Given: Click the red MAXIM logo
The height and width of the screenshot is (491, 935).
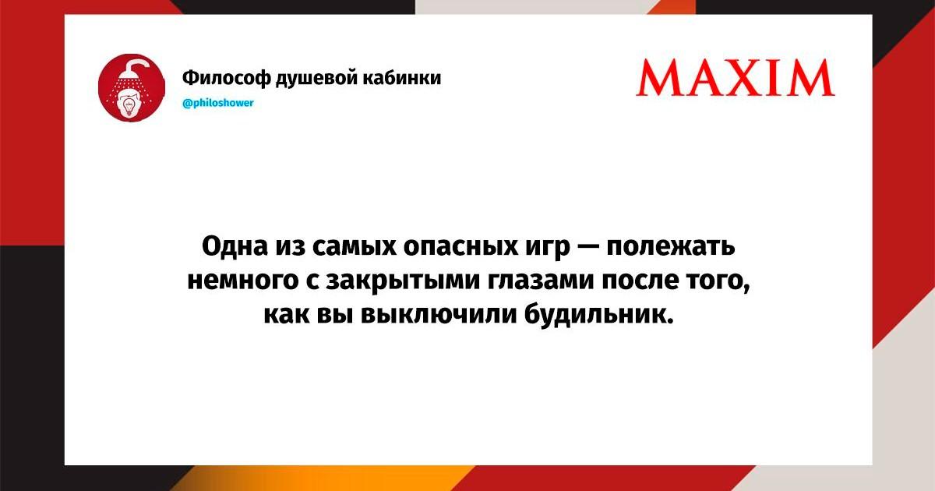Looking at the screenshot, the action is pos(735,78).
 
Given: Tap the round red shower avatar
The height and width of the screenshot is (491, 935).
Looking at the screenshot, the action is pos(132,87).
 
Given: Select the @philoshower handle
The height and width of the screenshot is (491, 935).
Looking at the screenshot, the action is pos(218,103).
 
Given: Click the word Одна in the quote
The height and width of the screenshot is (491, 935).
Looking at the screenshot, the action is pos(235,246).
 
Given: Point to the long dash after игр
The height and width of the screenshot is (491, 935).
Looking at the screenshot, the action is pos(588,247).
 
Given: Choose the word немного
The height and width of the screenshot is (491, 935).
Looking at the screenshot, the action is pos(243,281).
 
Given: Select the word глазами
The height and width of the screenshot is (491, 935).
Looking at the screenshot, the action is pos(542,281).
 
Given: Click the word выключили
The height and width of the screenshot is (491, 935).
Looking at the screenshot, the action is pos(439,315).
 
